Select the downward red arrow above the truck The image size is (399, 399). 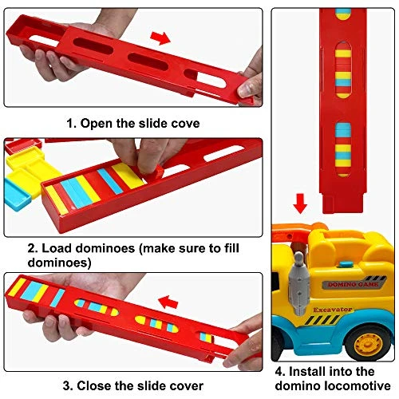[300, 205]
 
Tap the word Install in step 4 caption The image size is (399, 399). [307, 371]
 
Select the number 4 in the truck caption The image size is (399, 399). [280, 371]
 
